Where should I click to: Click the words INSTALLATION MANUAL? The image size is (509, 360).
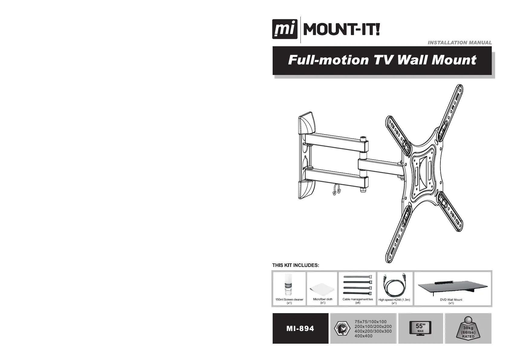(459, 43)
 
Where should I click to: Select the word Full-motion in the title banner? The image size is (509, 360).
(328, 60)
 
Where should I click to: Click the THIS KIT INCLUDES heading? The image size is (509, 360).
(296, 265)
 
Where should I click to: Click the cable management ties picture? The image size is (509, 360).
(358, 286)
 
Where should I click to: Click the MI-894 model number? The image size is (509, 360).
(300, 329)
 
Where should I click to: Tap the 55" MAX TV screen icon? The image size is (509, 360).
(420, 328)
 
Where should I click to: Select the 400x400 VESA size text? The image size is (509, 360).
(363, 336)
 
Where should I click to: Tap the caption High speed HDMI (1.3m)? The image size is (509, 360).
(394, 300)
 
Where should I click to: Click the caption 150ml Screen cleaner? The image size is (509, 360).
(289, 300)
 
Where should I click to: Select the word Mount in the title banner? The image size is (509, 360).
(454, 60)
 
